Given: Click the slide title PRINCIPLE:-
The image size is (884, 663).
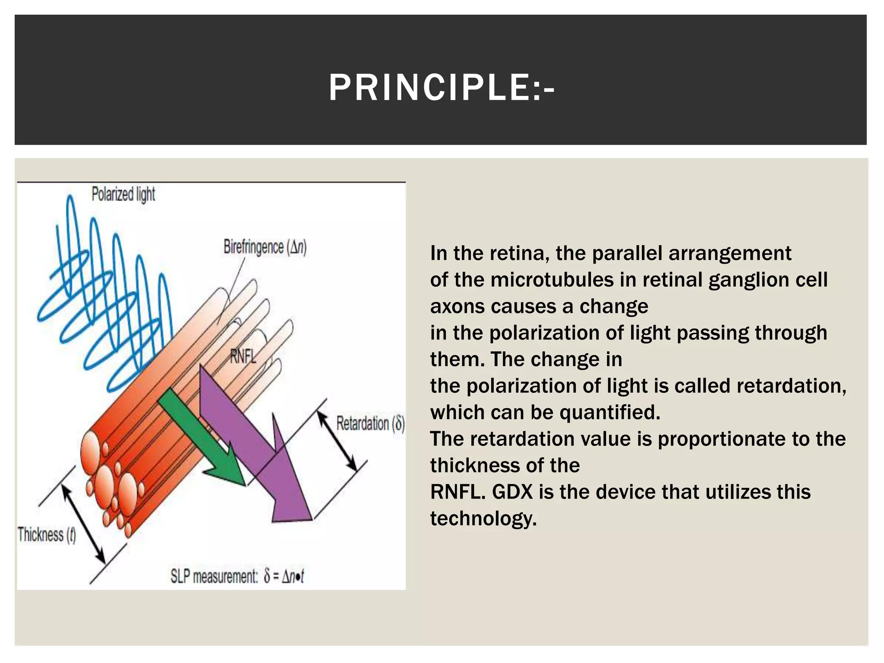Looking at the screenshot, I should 441,88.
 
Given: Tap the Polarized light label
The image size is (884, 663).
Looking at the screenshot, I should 123,194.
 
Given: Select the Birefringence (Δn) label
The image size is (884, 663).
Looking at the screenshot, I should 265,247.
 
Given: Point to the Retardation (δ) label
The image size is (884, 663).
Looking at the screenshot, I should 370,423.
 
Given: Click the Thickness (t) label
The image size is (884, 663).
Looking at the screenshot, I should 47,535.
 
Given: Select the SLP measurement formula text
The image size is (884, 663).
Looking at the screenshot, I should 237,576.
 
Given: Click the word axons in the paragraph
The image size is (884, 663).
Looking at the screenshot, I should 457,306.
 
